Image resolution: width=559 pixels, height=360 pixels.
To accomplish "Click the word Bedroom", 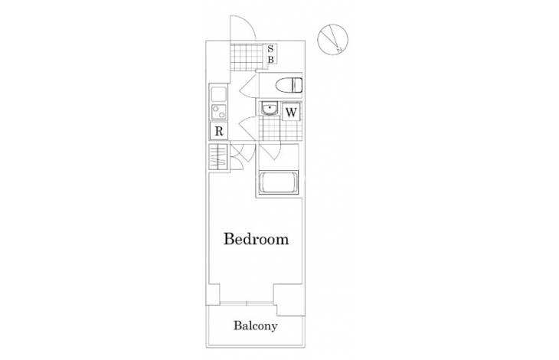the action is click(x=256, y=239).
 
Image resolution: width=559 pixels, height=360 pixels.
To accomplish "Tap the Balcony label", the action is click(x=256, y=326).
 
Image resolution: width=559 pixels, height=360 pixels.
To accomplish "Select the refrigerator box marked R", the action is click(x=219, y=131).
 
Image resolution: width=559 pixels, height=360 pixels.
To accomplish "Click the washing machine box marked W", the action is click(x=291, y=113).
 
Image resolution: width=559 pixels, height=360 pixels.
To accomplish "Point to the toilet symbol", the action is click(x=289, y=85).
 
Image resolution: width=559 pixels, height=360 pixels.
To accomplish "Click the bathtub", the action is click(x=279, y=182).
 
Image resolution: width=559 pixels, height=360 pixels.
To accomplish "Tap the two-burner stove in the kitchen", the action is click(x=218, y=111).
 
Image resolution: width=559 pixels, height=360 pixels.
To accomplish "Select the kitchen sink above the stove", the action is click(x=218, y=94).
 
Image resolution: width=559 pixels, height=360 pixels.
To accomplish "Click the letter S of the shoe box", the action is click(x=270, y=49).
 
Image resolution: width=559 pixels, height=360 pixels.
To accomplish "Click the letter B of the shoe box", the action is click(x=270, y=60).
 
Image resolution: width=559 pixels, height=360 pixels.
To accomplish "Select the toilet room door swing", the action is click(x=248, y=87).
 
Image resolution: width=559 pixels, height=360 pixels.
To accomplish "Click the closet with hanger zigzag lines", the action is click(x=218, y=157).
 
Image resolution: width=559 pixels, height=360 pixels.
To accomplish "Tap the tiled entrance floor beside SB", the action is click(x=247, y=57).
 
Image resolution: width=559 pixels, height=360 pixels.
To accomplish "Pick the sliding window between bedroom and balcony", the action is click(x=247, y=303).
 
